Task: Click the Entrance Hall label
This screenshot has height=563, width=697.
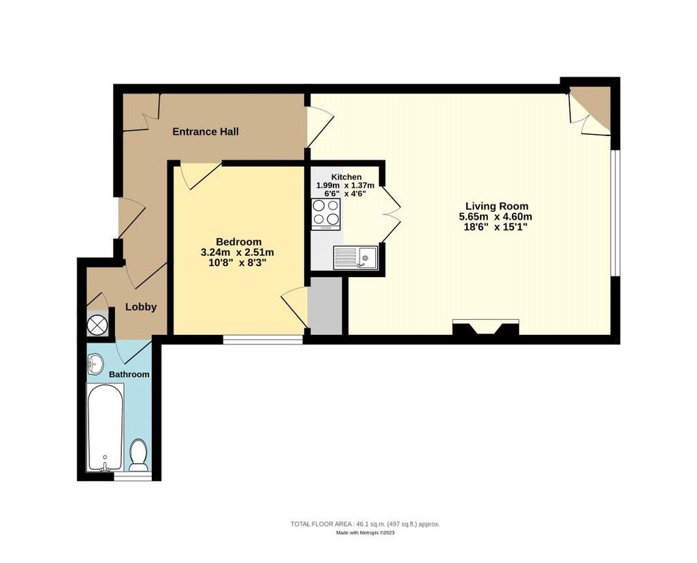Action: tap(206, 131)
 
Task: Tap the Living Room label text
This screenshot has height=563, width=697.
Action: tap(496, 206)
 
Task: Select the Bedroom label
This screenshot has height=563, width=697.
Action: tap(238, 242)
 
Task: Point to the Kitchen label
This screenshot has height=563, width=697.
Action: tap(346, 177)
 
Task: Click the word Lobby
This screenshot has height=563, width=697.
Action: tap(141, 307)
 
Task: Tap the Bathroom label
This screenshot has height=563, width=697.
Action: tap(129, 374)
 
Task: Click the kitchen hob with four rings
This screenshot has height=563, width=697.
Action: tap(326, 214)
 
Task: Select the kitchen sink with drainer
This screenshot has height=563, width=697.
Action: tap(355, 258)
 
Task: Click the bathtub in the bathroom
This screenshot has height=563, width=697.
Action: tap(105, 427)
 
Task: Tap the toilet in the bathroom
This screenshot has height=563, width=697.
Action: tap(139, 455)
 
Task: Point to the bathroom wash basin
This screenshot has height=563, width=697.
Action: tap(95, 364)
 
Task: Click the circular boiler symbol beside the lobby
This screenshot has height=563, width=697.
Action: tap(97, 325)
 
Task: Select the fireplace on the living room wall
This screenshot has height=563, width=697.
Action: tap(485, 327)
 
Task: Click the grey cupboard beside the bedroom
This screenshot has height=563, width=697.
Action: tap(326, 306)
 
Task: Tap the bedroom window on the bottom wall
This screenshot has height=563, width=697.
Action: tap(263, 340)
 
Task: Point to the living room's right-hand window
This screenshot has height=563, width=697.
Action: tap(615, 213)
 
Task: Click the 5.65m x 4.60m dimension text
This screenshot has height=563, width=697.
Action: tap(496, 217)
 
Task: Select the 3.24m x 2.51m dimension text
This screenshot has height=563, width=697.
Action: tap(238, 253)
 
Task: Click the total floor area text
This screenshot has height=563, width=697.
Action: tap(365, 524)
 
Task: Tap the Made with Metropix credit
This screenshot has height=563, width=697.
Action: tap(365, 533)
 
